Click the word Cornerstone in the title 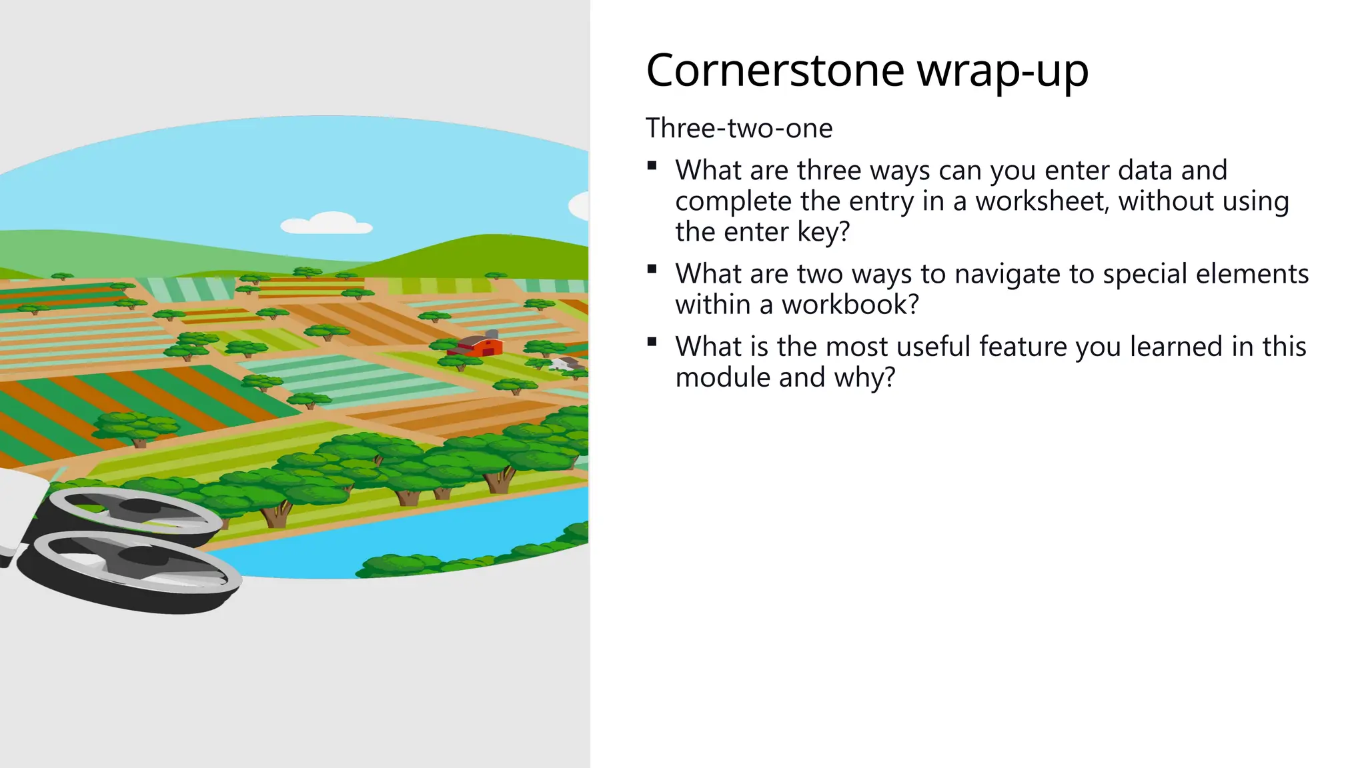[775, 71]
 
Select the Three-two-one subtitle [739, 128]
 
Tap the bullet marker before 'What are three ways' [652, 166]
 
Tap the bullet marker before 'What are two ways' [652, 269]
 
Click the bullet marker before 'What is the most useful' [652, 342]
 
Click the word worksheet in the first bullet [1042, 201]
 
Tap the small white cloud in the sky [327, 223]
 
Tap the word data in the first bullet [1141, 171]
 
